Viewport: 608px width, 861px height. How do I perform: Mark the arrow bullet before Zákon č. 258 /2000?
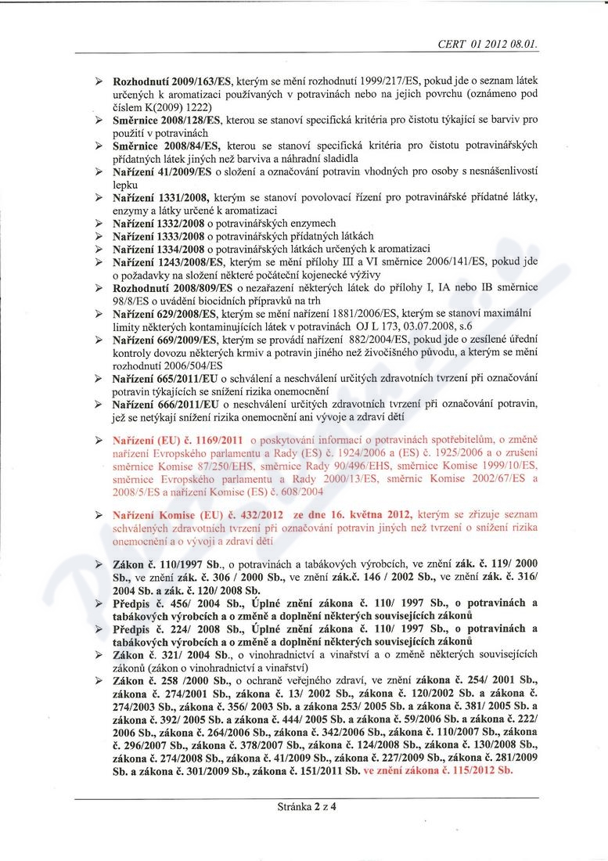99,682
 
